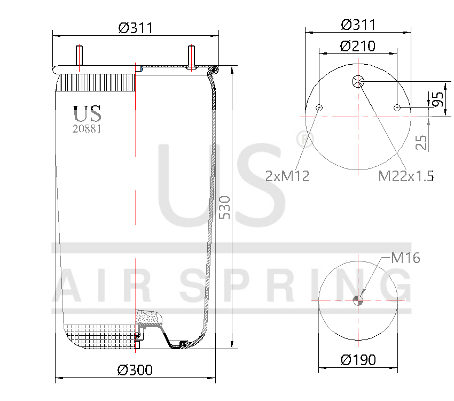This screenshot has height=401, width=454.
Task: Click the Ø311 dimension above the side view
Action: pos(136,28)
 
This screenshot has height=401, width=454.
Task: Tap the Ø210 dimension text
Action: pos(357,46)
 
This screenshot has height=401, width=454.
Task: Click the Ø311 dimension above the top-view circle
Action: pos(357,25)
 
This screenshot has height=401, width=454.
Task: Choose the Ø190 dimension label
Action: pos(358,360)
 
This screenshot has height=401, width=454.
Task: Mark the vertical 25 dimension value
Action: pos(422,142)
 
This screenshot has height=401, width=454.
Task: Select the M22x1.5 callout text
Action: pos(406,176)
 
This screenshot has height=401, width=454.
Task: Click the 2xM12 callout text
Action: pos(287,176)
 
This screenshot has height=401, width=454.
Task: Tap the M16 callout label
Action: pos(405,258)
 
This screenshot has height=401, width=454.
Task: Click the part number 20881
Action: pos(87,128)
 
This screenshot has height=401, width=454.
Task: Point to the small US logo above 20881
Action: pos(87,113)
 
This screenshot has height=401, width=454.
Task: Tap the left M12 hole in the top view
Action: pos(319,108)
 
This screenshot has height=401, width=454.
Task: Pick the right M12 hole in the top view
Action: pos(397,108)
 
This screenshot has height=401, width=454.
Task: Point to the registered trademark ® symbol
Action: pos(304,140)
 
